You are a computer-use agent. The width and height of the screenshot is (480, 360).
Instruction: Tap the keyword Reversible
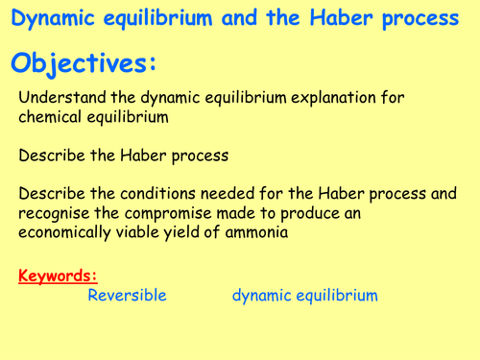(127, 296)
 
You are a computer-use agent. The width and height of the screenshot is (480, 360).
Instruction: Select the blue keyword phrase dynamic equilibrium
(304, 296)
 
